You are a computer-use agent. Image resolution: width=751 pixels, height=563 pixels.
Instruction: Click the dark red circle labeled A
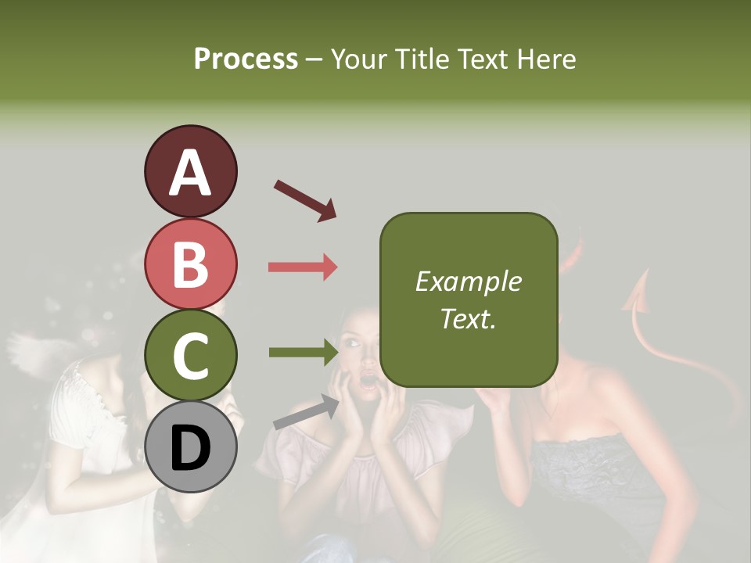pyautogui.click(x=190, y=171)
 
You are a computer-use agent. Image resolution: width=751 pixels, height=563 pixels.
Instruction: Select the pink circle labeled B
pyautogui.click(x=190, y=264)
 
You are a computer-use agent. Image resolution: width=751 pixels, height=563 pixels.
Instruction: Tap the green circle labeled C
pyautogui.click(x=190, y=356)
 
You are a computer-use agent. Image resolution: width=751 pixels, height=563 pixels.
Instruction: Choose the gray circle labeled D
pyautogui.click(x=190, y=446)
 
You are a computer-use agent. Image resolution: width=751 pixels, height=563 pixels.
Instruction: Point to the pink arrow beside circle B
pyautogui.click(x=303, y=267)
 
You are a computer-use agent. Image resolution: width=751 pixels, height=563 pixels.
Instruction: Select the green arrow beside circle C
pyautogui.click(x=304, y=353)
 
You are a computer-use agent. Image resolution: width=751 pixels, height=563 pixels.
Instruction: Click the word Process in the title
pyautogui.click(x=246, y=59)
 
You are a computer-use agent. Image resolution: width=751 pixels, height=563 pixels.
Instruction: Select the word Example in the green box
pyautogui.click(x=468, y=281)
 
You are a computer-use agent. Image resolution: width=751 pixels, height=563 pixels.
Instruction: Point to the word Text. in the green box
pyautogui.click(x=468, y=318)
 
